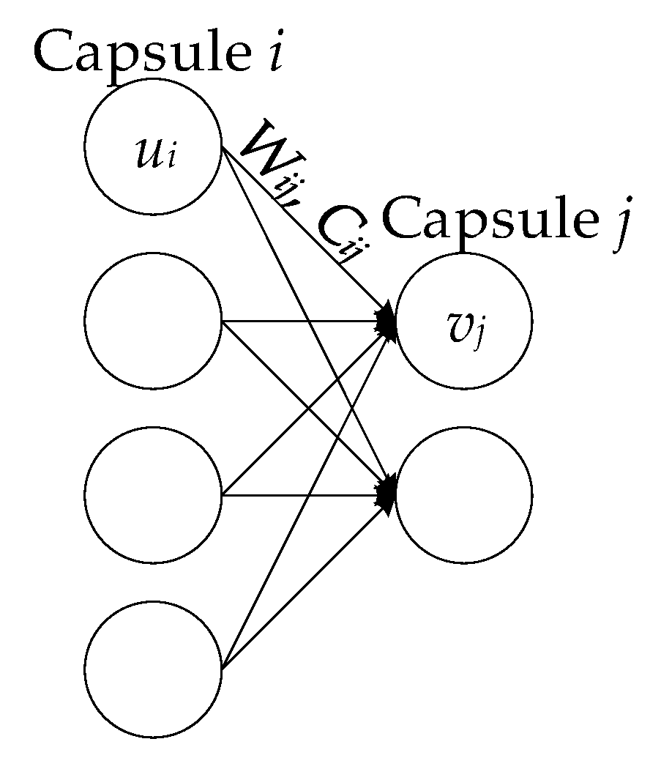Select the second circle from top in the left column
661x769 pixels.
tap(152, 321)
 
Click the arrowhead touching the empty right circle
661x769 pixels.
tap(386, 492)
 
